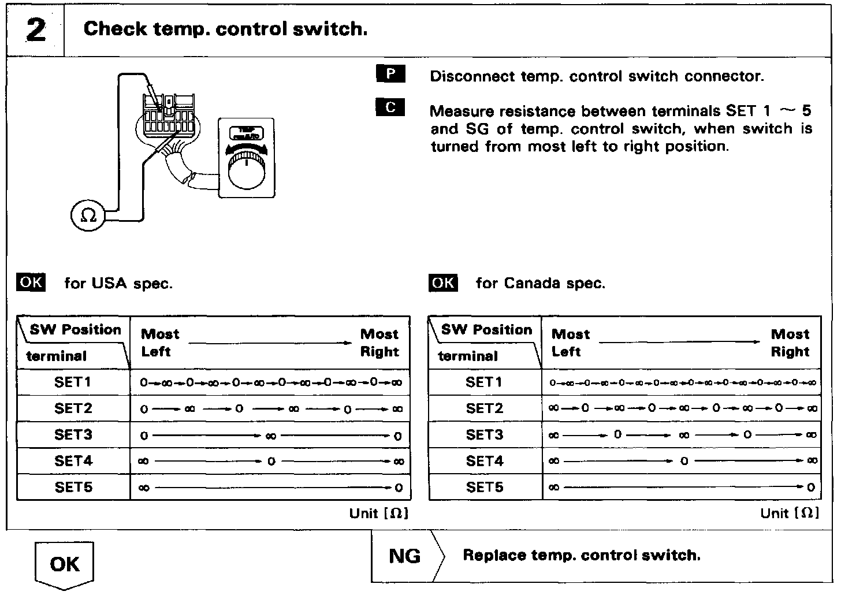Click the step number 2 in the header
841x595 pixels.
(36, 30)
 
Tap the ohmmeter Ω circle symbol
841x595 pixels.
(88, 215)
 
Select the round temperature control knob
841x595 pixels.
(247, 168)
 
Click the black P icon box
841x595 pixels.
(390, 74)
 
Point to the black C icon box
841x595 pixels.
(390, 107)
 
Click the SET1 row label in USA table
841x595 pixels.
(73, 382)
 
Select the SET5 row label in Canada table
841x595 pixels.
(485, 487)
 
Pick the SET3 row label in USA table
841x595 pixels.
(73, 434)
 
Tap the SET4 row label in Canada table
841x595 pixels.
(485, 461)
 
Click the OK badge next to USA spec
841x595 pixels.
(31, 282)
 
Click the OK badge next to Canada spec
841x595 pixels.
(443, 282)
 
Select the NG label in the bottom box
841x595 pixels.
(405, 556)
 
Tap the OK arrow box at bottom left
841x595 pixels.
(65, 564)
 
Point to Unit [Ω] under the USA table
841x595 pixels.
(379, 513)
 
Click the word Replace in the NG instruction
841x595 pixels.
(494, 556)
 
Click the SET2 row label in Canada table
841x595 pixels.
(485, 408)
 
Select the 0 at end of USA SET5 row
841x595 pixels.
(399, 488)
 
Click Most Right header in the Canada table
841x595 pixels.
(790, 343)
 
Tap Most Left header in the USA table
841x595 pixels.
(160, 343)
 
